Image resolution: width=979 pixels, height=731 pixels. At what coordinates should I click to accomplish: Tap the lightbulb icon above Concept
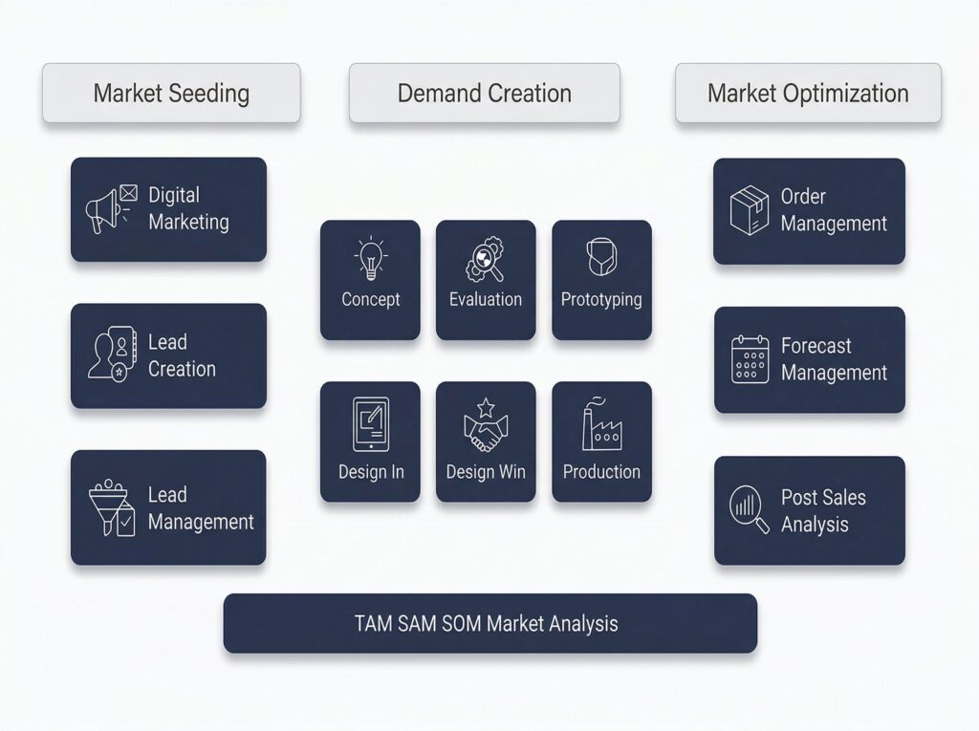pos(370,259)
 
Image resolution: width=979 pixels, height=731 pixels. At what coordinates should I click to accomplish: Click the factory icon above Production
pos(601,423)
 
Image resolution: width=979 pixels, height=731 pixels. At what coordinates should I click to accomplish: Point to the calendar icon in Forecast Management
pos(751,359)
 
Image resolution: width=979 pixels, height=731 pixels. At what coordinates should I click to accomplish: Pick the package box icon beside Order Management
pos(751,210)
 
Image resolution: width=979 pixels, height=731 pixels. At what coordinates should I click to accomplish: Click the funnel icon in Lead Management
pos(111,507)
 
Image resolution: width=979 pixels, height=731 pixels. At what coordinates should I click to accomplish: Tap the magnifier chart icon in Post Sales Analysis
pos(750,509)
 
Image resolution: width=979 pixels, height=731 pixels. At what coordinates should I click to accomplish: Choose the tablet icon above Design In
pos(371,423)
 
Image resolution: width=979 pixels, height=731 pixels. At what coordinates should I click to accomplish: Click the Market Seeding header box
pos(171,94)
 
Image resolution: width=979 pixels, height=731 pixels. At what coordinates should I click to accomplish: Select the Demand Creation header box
pos(484,94)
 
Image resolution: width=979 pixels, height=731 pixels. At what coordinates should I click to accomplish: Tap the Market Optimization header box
pos(808,94)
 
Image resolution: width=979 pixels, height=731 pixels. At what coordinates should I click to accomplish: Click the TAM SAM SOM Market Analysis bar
pos(489,624)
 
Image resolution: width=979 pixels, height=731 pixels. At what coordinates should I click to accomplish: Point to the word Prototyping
pos(601,299)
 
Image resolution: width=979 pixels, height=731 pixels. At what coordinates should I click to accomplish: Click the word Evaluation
pos(486,299)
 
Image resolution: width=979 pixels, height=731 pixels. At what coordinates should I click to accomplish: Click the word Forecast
pos(816,346)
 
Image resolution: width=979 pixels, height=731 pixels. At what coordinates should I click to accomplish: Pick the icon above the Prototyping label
pos(600,258)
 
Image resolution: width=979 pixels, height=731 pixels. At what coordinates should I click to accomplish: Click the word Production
pos(601,472)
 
